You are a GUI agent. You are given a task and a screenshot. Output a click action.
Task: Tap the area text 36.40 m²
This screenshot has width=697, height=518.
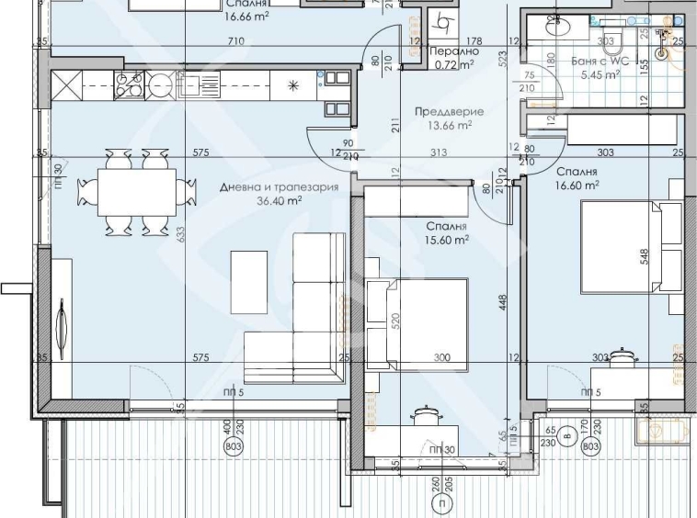(x=280, y=199)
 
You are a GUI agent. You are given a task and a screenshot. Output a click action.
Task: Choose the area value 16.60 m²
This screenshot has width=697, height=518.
(x=577, y=185)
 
